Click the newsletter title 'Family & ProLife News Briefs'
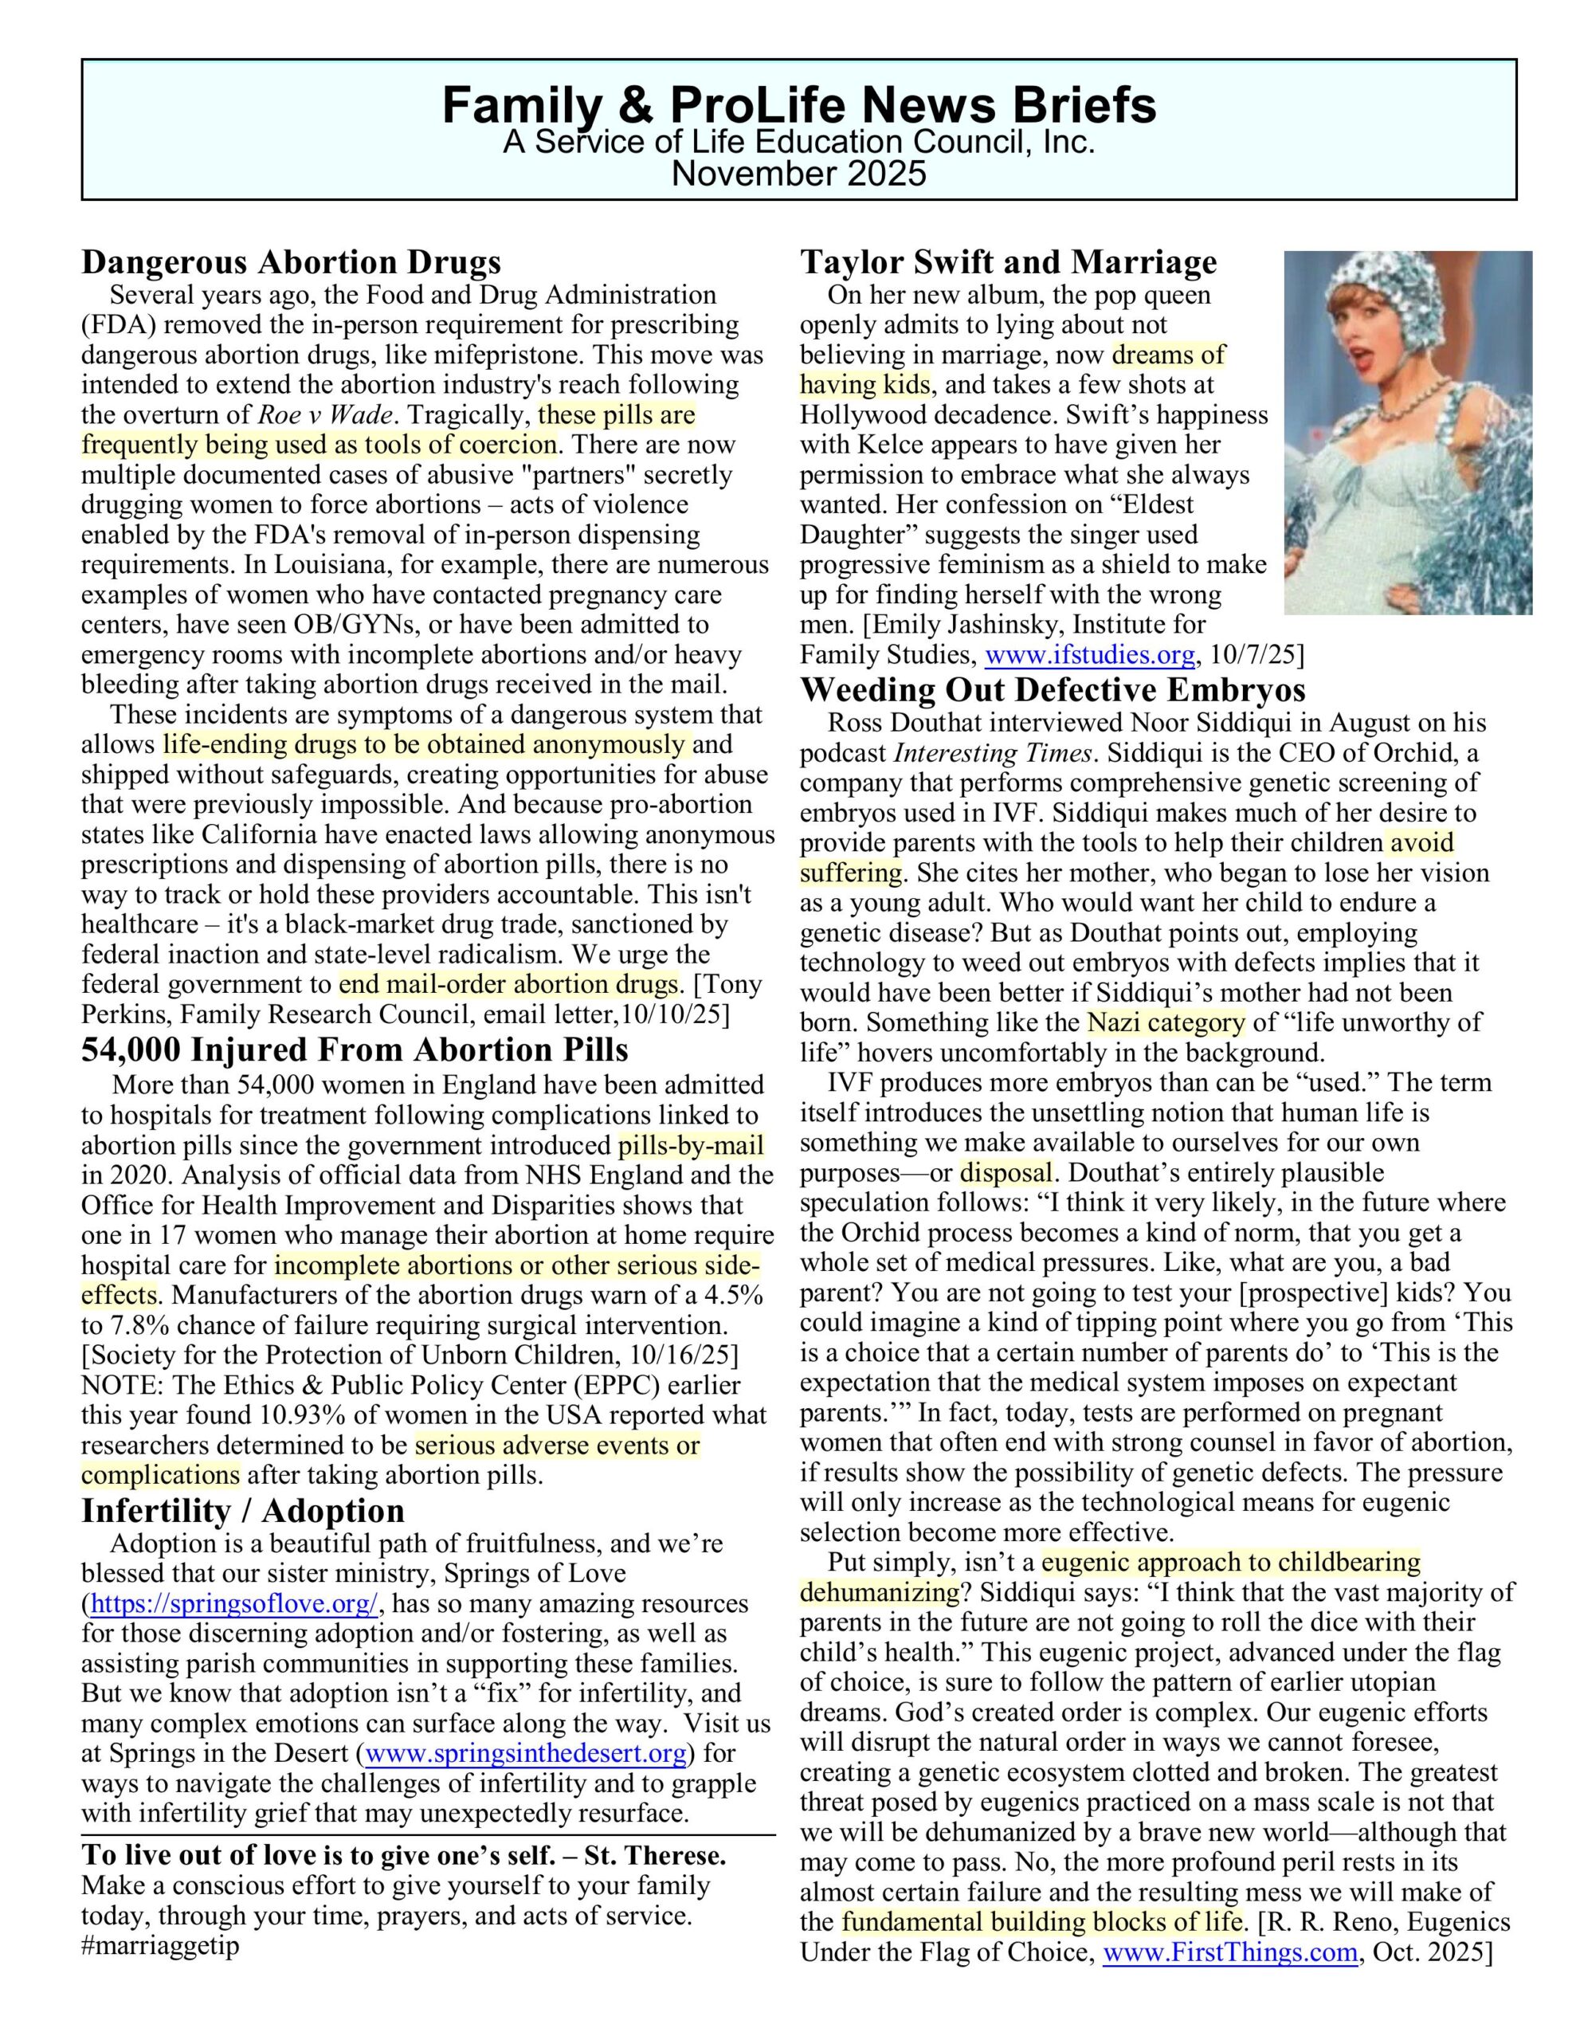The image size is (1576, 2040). point(798,104)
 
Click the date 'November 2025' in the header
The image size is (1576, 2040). point(798,174)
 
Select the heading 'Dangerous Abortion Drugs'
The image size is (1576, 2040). point(292,262)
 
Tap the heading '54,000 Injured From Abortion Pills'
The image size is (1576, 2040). point(355,1050)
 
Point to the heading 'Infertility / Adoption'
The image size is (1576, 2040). point(243,1510)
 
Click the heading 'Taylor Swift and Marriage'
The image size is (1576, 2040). point(1008,262)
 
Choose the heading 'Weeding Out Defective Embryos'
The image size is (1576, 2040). point(1053,690)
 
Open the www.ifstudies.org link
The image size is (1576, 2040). point(1089,655)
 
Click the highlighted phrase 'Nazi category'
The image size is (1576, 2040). point(1165,1023)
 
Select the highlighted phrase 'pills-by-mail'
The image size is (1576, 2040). point(690,1145)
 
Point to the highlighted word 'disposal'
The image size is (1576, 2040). point(1006,1172)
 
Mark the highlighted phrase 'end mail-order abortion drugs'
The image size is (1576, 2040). point(508,984)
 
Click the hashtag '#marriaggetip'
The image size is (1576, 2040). point(161,1946)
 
